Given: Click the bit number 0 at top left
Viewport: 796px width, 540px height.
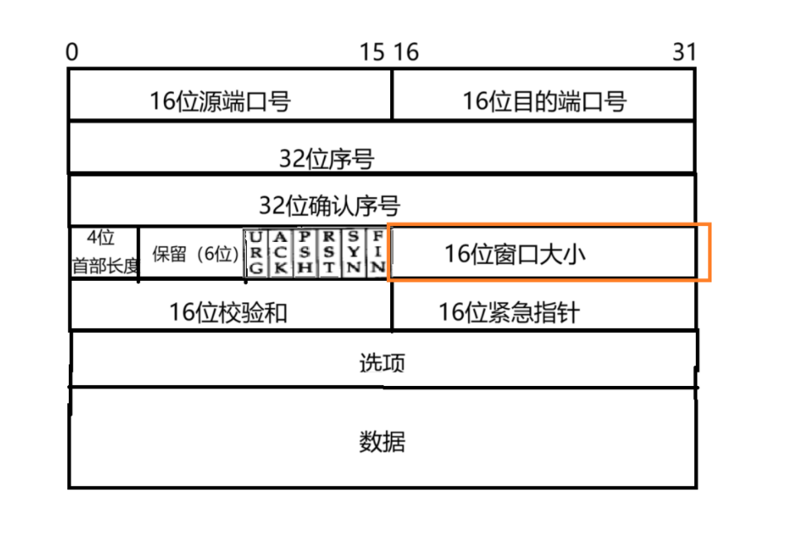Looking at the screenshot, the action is [x=72, y=52].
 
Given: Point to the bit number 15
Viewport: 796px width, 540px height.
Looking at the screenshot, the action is [x=372, y=52].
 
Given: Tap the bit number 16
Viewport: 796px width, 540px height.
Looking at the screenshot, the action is [x=406, y=52].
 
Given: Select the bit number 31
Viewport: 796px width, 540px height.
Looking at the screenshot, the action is [x=684, y=52].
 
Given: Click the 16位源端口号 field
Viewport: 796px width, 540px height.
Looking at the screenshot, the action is [x=220, y=101].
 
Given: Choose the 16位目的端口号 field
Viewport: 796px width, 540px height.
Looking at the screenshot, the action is [x=544, y=101].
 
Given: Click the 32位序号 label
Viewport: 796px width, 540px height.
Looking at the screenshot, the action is [x=326, y=158].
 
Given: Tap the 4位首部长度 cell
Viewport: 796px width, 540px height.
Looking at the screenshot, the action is [x=104, y=253].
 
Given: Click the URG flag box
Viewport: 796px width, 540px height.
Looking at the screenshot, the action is [x=254, y=253].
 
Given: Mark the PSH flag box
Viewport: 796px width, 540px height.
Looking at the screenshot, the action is [x=304, y=253].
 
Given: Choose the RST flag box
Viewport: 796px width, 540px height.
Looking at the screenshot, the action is [x=329, y=253].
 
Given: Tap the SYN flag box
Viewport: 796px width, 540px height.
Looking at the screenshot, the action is [x=353, y=253].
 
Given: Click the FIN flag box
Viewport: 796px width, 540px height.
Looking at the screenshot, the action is [x=377, y=253].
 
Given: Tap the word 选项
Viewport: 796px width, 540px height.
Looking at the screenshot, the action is [x=382, y=363].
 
